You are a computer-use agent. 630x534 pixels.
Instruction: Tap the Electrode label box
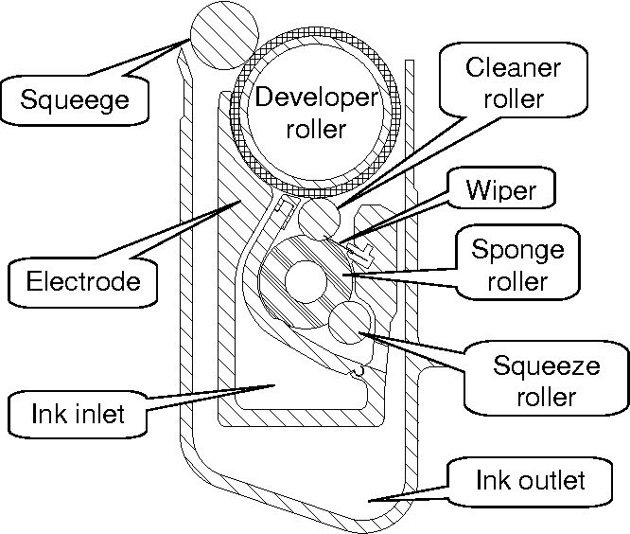(83, 281)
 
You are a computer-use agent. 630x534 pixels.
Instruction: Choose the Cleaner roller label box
(514, 84)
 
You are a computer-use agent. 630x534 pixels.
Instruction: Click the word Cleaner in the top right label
(514, 69)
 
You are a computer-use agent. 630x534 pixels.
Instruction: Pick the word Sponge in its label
(517, 251)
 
